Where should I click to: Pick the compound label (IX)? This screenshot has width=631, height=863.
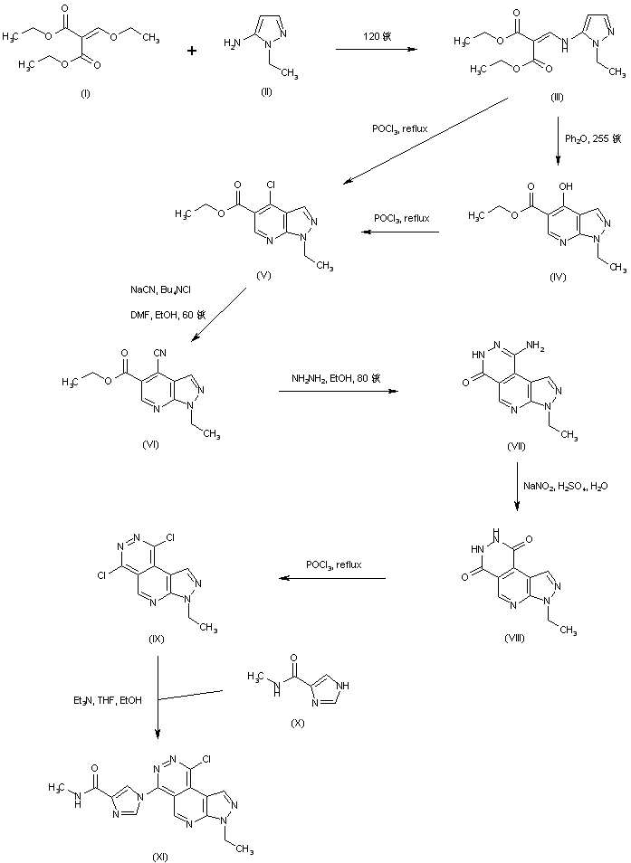[x=156, y=640]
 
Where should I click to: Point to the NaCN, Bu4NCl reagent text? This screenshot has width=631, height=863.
[x=159, y=290]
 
